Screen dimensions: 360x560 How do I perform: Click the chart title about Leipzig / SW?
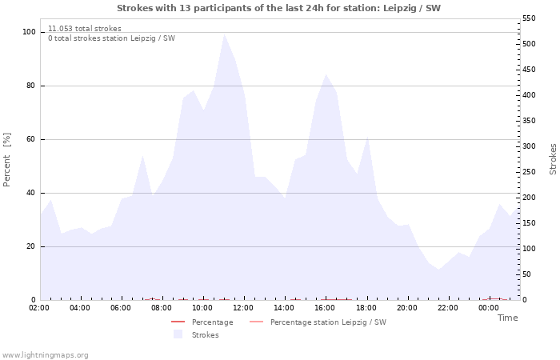tap(278, 8)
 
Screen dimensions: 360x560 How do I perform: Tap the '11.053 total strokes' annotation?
tap(85, 29)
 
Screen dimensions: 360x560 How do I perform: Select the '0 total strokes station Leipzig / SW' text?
tap(111, 38)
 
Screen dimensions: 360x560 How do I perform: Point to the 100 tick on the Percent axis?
tap(29, 32)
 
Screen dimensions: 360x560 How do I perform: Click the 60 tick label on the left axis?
tap(31, 139)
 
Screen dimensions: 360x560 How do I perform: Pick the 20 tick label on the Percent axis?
tap(31, 246)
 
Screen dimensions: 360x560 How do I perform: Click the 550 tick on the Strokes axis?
tap(530, 18)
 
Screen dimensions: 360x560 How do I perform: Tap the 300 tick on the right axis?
tap(530, 146)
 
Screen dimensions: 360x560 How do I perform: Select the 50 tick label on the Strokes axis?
tap(527, 274)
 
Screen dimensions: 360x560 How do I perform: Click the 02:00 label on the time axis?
tap(39, 307)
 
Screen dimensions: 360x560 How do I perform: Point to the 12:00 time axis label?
tap(243, 307)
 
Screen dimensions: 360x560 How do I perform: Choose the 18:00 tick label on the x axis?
tap(366, 307)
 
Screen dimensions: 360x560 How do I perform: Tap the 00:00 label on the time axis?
tap(488, 307)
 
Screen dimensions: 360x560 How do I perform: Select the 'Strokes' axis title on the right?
tap(553, 159)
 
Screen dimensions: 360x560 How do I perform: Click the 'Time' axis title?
tap(507, 318)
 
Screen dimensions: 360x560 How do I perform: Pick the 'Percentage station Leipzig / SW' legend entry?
tap(328, 322)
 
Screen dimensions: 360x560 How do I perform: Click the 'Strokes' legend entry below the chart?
tap(205, 335)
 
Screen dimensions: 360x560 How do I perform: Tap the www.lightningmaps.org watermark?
tap(46, 355)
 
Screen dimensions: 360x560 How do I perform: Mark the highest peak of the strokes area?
tap(224, 34)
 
